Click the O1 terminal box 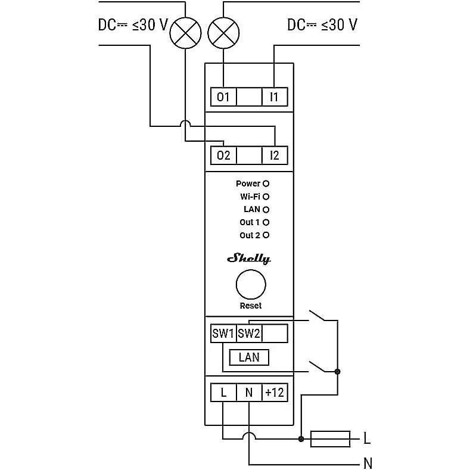(x=223, y=97)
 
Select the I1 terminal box (x=275, y=97)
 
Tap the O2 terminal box (x=223, y=155)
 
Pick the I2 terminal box (x=275, y=155)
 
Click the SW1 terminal (x=223, y=334)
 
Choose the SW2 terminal (x=249, y=334)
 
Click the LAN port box (x=249, y=357)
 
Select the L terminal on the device (x=223, y=393)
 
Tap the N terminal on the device (x=249, y=393)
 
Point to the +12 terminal (x=275, y=393)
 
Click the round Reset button (x=251, y=285)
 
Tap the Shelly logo (x=249, y=259)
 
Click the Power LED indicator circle (x=266, y=183)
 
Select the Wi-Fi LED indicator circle (x=266, y=196)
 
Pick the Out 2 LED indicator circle (x=266, y=235)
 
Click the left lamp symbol (x=186, y=33)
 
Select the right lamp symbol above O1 (x=223, y=33)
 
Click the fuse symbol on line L (x=331, y=439)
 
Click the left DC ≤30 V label (x=133, y=25)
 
